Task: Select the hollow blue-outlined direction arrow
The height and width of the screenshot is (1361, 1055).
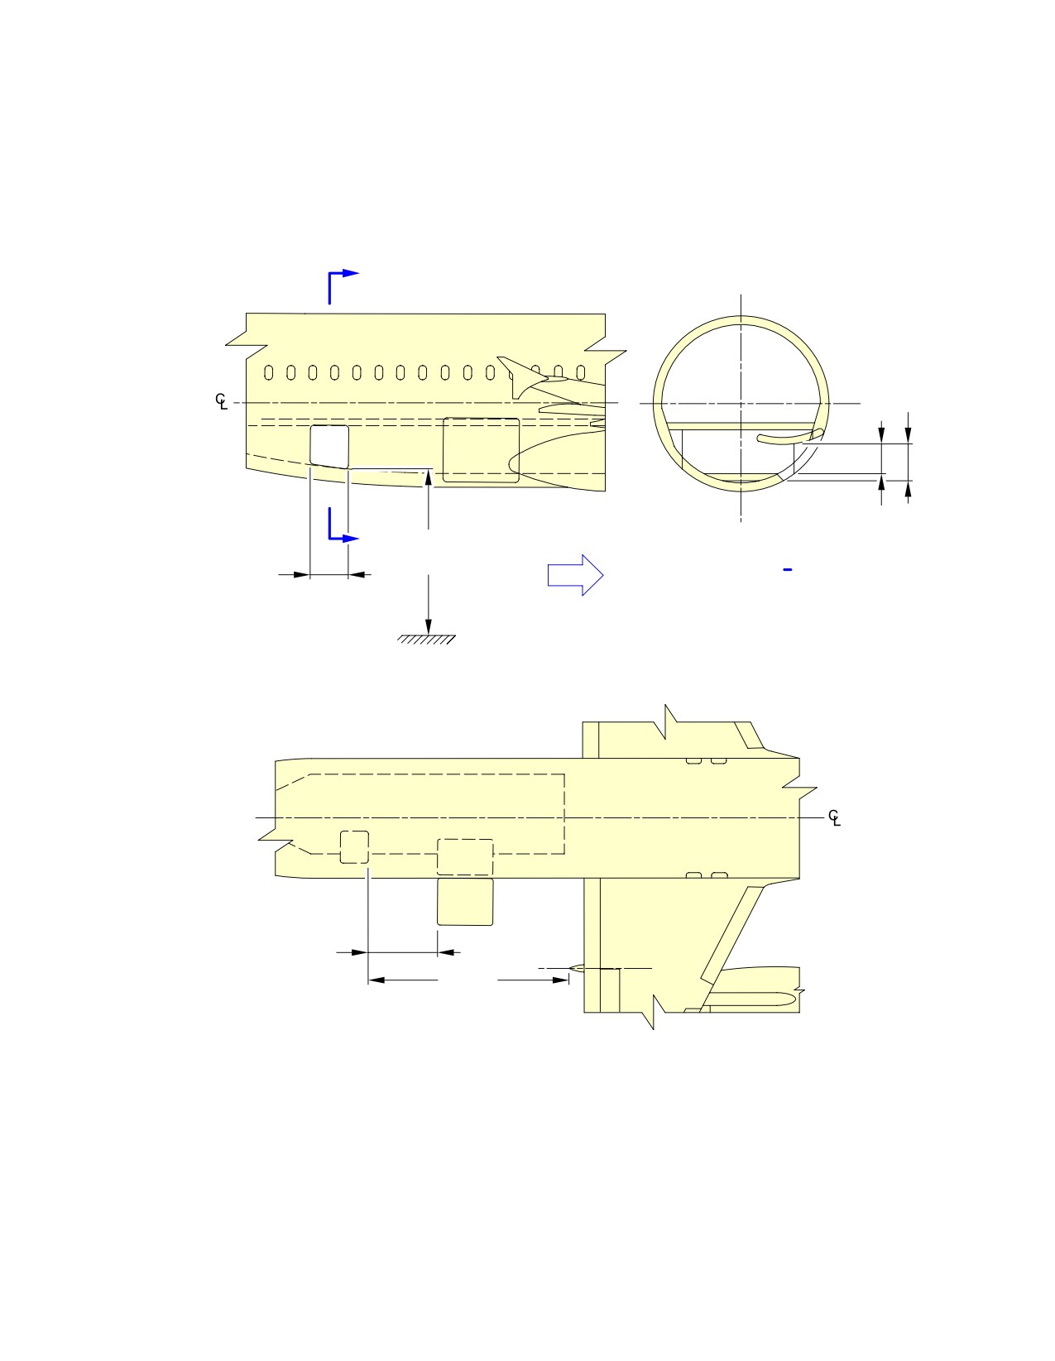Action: pos(575,574)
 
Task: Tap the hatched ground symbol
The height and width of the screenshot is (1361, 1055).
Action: pos(426,640)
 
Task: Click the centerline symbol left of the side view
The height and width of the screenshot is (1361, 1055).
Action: pos(221,401)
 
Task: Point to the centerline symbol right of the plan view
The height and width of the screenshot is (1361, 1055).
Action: pos(834,817)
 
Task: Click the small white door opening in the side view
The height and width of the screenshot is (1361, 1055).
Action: pos(329,447)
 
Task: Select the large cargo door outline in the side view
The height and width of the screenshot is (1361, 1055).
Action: pos(481,450)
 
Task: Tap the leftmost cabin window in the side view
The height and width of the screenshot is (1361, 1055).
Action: pos(269,372)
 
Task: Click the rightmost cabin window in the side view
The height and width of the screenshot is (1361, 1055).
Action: pos(580,372)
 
